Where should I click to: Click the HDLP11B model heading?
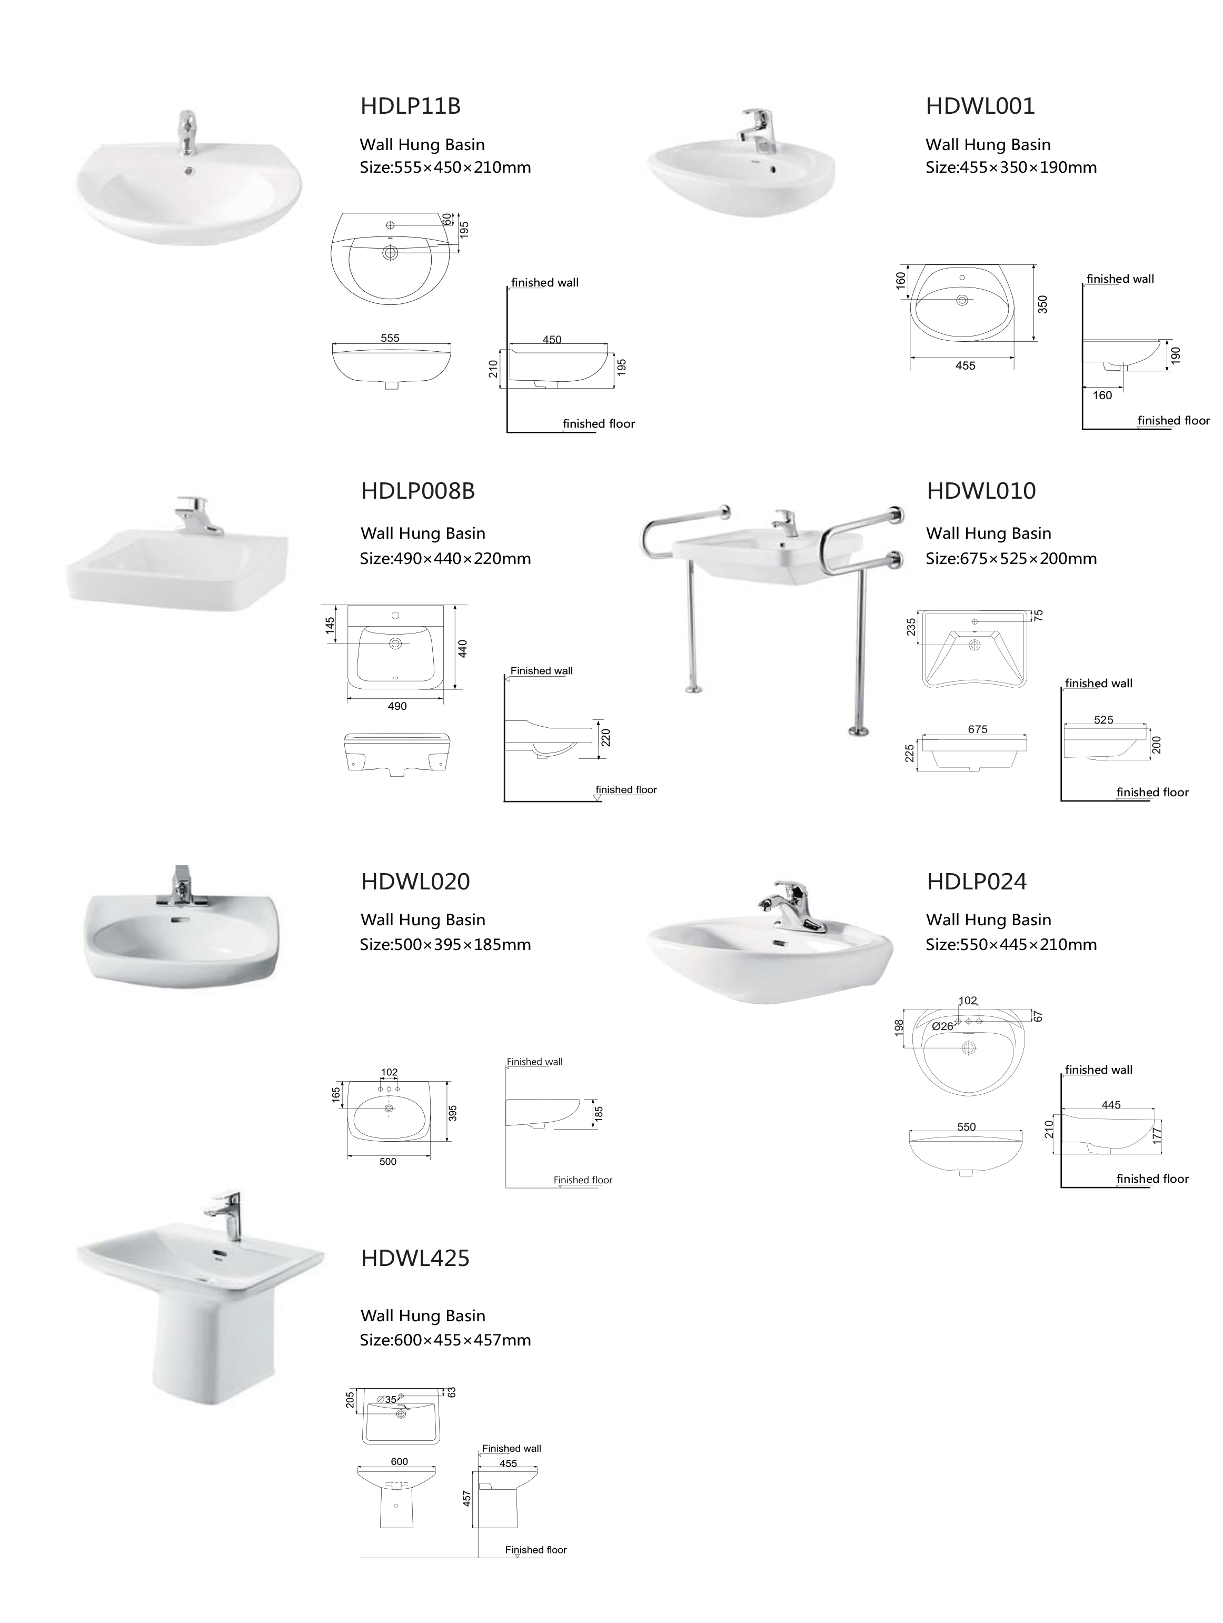pyautogui.click(x=410, y=106)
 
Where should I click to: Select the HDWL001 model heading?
pyautogui.click(x=980, y=106)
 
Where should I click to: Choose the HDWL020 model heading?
pyautogui.click(x=415, y=881)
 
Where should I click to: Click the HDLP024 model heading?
pyautogui.click(x=977, y=881)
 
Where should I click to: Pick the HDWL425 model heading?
pyautogui.click(x=415, y=1259)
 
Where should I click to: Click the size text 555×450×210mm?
pyautogui.click(x=462, y=167)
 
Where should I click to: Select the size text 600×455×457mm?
pyautogui.click(x=462, y=1341)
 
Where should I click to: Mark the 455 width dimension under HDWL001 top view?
pyautogui.click(x=966, y=365)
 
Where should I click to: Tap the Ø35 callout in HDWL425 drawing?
pyautogui.click(x=386, y=1399)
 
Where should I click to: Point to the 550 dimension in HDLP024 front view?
pyautogui.click(x=966, y=1127)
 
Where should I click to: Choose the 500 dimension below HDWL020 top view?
pyautogui.click(x=388, y=1162)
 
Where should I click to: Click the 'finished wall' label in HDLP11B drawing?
pyautogui.click(x=545, y=282)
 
